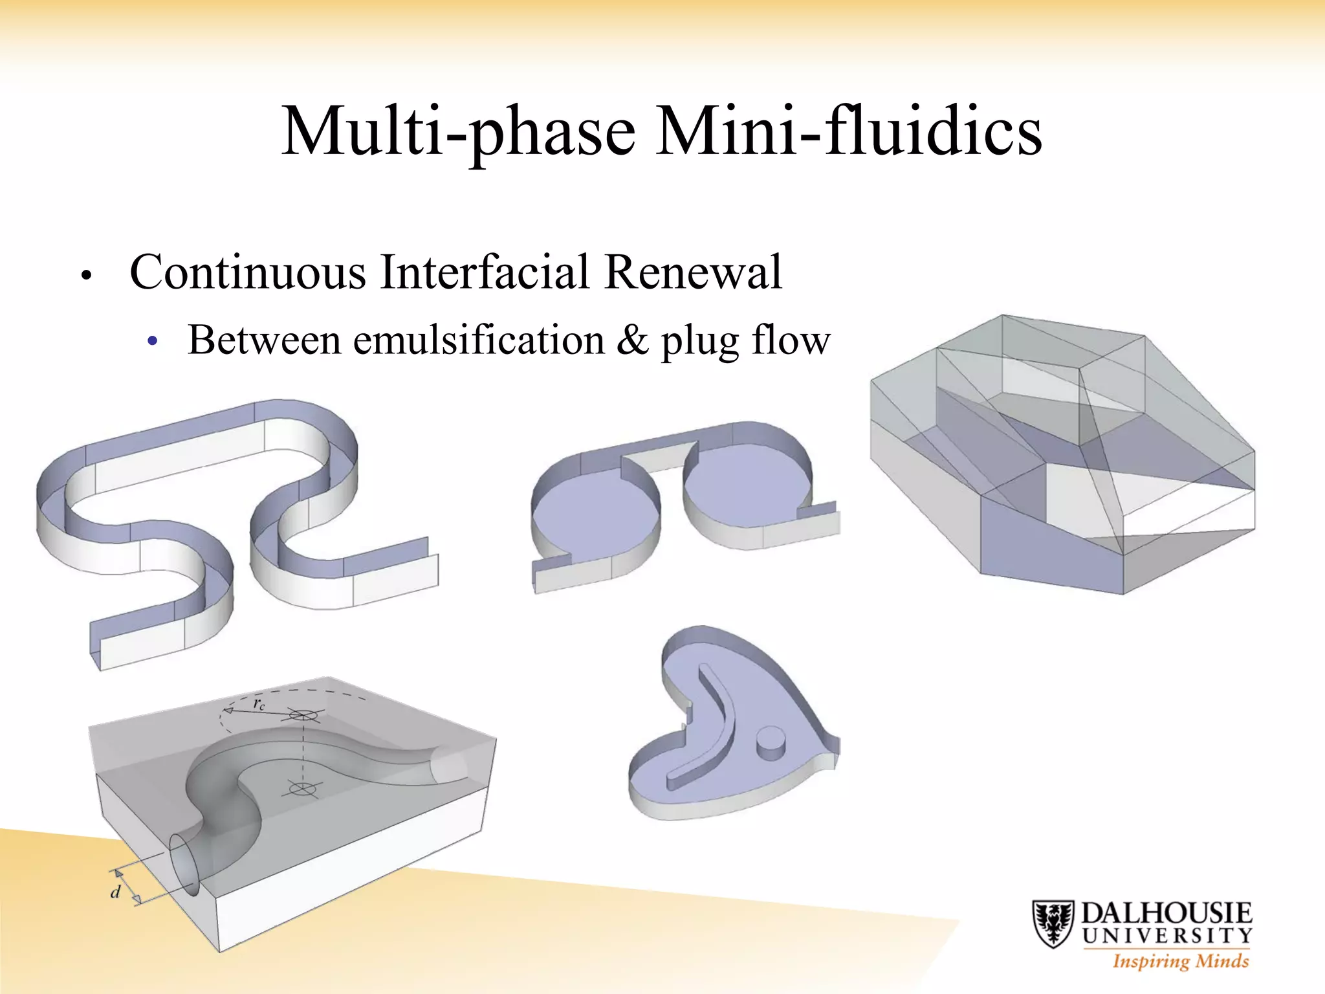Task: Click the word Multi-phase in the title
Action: [459, 133]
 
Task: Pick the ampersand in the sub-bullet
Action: [632, 340]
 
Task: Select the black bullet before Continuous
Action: [86, 275]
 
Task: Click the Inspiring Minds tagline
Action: [1180, 960]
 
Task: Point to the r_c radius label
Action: [259, 704]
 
